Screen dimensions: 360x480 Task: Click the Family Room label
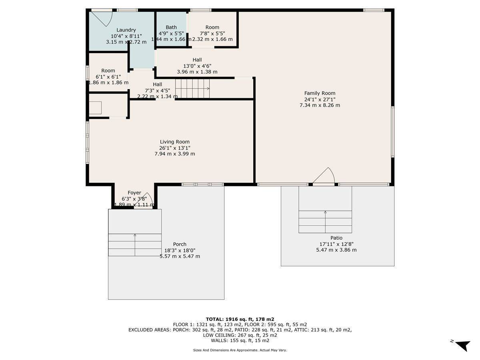pos(320,93)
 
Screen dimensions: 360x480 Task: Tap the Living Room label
pos(175,142)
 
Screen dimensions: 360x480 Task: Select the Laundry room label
pos(126,30)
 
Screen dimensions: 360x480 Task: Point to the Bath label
pos(171,28)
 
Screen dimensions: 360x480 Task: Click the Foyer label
pos(134,193)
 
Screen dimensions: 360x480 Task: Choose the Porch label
pos(180,244)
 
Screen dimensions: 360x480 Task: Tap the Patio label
pos(336,238)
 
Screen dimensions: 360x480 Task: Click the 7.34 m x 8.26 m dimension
pos(320,105)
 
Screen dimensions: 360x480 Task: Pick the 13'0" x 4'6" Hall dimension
pos(197,66)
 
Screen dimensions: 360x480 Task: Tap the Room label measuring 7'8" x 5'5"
pos(212,28)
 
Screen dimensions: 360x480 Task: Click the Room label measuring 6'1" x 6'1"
pos(108,71)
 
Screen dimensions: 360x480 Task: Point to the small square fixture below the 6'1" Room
pos(95,108)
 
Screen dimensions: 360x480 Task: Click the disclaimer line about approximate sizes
pos(240,350)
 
